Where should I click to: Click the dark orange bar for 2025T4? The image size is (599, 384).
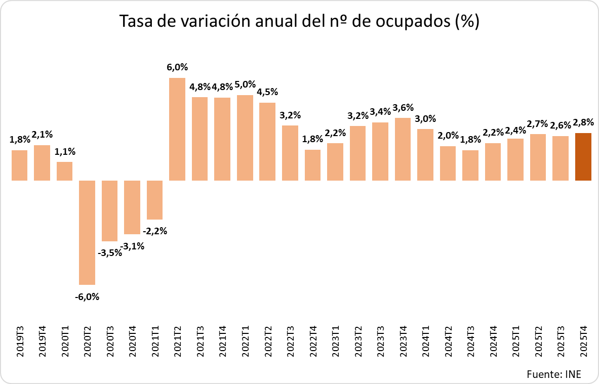coord(583,157)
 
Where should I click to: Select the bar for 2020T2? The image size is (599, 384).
coord(87,232)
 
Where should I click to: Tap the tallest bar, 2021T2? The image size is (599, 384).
coord(177,129)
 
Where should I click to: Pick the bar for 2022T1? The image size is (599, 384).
coord(245,138)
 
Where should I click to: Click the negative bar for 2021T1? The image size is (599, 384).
coord(154,200)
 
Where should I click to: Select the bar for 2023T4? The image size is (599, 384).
coord(403,149)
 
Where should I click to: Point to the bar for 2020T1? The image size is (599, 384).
coord(64,171)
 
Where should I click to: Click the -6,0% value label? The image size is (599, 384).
coord(87,297)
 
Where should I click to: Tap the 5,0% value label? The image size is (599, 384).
coord(245,84)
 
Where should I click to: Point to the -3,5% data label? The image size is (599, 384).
coord(110,252)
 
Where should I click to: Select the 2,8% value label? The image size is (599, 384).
coord(583,122)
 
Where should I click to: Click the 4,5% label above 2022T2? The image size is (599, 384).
coord(267,92)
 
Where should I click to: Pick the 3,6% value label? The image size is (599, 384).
coord(403,107)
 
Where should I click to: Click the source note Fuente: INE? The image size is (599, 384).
coord(553,374)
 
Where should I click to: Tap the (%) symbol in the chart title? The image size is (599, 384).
coord(467,23)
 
